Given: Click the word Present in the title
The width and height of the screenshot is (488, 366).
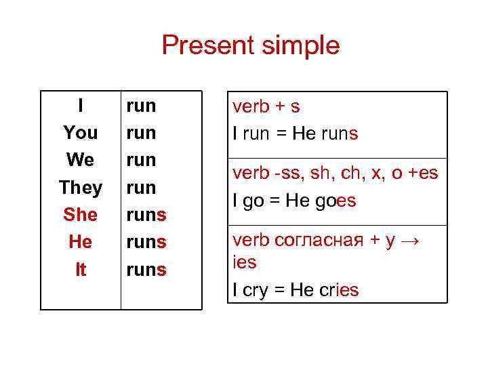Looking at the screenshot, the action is [x=208, y=45].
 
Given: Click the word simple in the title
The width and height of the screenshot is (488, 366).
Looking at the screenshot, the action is [x=301, y=46].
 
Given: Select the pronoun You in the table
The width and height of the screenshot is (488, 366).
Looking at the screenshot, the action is [x=81, y=133].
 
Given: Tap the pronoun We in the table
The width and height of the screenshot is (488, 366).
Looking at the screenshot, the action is [x=80, y=160].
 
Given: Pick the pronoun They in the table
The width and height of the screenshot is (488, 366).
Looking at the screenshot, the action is [x=81, y=188].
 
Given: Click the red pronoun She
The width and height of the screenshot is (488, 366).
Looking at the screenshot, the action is [x=80, y=214].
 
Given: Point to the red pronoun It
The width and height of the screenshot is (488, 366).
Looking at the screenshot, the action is [x=81, y=269].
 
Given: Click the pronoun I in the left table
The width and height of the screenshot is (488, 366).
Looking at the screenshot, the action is [x=81, y=105].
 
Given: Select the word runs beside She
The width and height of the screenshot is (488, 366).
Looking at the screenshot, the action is [x=146, y=215].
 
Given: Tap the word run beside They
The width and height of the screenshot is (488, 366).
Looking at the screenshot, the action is [x=141, y=188].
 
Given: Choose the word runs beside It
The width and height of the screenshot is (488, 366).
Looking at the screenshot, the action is [x=146, y=270].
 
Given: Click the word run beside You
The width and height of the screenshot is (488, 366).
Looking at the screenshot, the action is [x=141, y=134].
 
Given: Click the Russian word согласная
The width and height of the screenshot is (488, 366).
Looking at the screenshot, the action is [x=319, y=240].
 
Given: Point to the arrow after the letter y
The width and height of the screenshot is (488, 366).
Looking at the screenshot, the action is [x=410, y=241].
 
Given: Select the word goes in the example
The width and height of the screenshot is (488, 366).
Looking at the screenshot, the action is [x=335, y=201].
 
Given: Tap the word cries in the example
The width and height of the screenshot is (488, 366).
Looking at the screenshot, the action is [x=339, y=289].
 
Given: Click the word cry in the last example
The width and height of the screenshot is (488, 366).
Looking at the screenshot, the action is [x=255, y=291].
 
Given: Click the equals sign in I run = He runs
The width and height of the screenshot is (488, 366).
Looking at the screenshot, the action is [x=281, y=134].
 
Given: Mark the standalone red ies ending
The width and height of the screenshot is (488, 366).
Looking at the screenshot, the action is [x=245, y=262].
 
